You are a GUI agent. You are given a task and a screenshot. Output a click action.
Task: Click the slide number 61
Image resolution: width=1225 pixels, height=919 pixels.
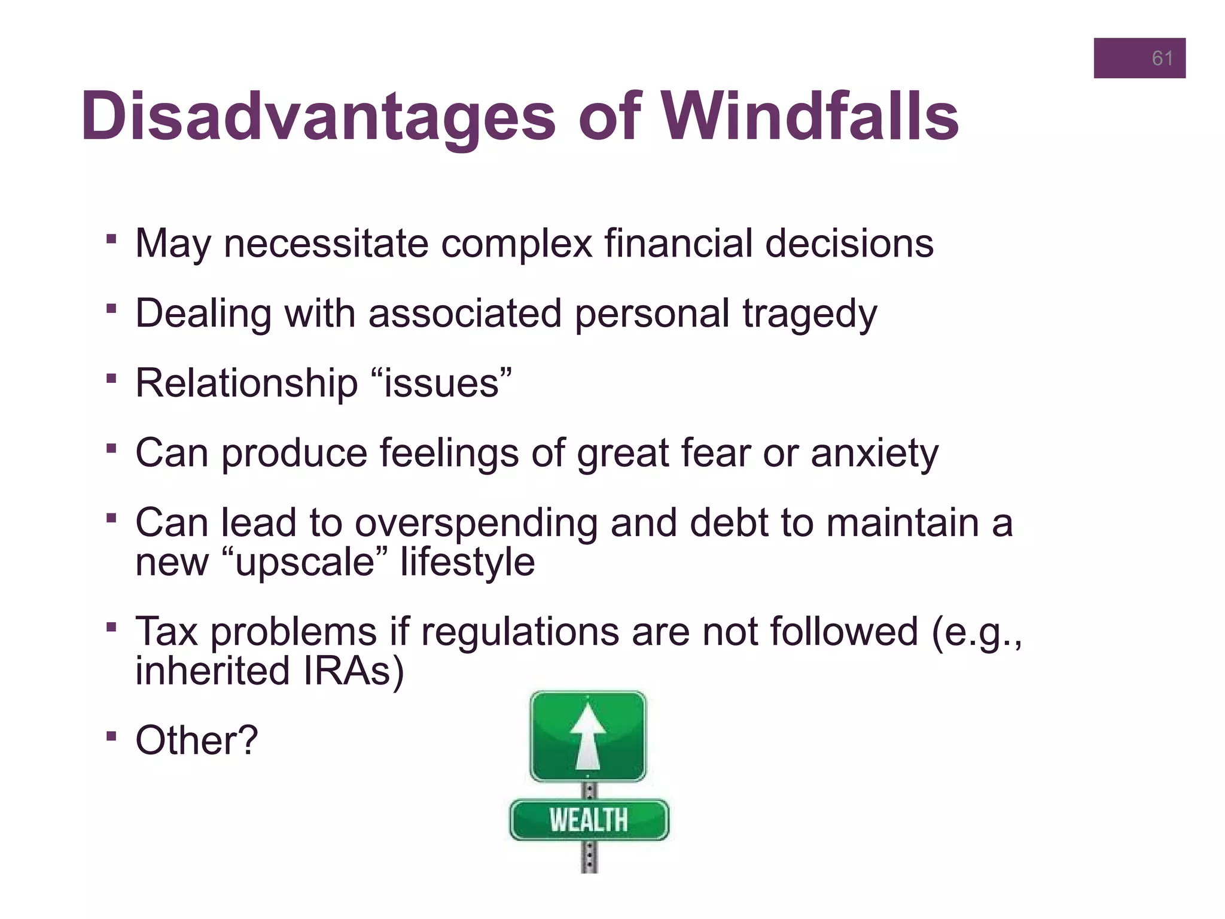[x=1162, y=59]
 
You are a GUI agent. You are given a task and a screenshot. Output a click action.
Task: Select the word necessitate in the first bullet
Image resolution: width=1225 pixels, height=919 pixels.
[x=326, y=244]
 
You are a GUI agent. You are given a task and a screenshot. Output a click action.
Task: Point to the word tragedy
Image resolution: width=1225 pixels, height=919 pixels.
[x=809, y=314]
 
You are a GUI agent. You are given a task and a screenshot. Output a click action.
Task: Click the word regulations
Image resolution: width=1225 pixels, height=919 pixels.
[x=520, y=632]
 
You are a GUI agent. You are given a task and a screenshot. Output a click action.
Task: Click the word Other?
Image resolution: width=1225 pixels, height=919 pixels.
[x=196, y=741]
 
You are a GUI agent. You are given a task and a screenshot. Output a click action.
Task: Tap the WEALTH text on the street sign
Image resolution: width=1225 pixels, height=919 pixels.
[x=589, y=820]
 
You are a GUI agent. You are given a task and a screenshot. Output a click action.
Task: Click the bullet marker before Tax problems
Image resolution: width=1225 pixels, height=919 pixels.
[x=111, y=628]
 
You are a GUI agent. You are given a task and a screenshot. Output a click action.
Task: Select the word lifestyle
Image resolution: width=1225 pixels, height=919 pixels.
[x=467, y=562]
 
